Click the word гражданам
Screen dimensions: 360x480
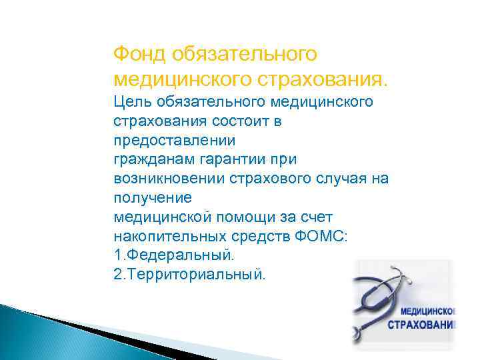151,160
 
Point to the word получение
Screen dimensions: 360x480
153,198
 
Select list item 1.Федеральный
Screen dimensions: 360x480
175,255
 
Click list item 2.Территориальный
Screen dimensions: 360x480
189,275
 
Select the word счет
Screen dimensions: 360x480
325,217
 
